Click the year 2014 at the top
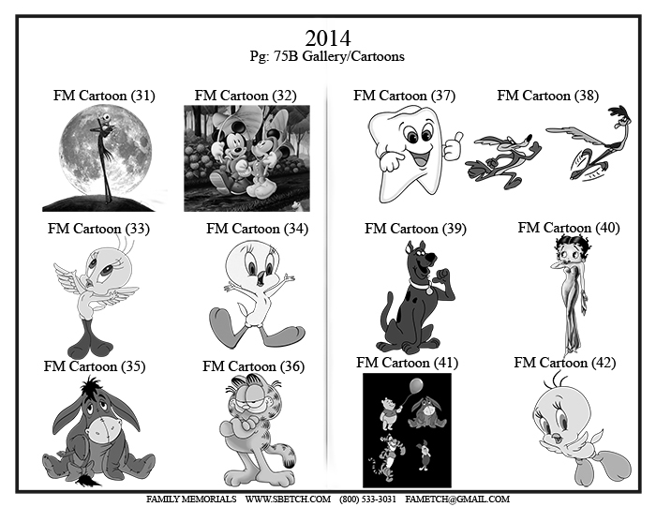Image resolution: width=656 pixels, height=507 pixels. point(328,38)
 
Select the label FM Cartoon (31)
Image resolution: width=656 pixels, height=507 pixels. point(104,96)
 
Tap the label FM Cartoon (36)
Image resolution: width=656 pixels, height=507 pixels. point(254,366)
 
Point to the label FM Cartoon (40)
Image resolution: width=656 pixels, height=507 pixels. point(569,228)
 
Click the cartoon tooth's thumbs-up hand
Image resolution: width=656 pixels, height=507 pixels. point(453,146)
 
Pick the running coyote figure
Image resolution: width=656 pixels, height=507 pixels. point(503,160)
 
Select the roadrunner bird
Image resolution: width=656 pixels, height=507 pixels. point(589,143)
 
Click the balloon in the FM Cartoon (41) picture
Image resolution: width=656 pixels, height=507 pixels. point(415,386)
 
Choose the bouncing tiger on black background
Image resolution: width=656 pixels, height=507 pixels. point(387,456)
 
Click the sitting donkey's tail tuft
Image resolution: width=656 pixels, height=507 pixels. point(89,481)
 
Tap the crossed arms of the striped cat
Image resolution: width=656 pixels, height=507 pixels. point(244,425)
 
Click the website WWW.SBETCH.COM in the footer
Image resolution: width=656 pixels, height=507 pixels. point(288,500)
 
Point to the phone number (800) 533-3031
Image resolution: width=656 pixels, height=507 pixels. point(367,500)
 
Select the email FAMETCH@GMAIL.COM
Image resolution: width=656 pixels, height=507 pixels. point(457,500)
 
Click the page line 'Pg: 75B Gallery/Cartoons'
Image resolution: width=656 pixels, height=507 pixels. point(327,56)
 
